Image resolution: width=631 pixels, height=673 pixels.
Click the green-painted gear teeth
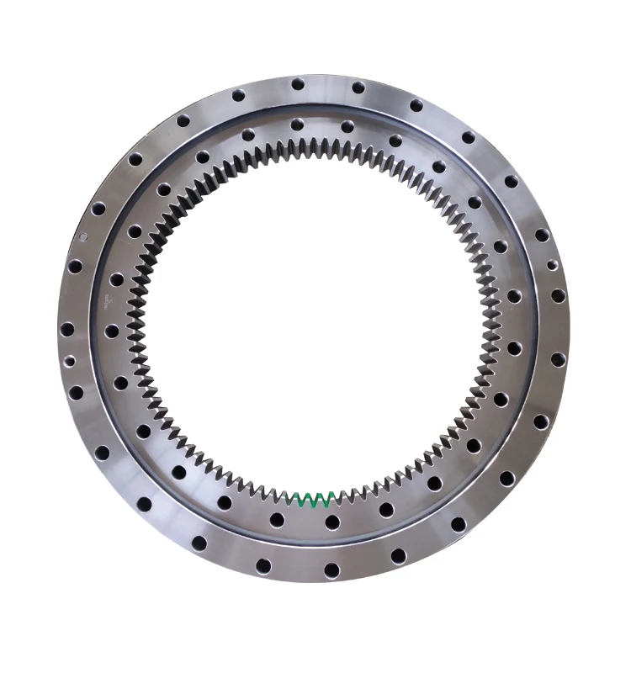tap(316, 500)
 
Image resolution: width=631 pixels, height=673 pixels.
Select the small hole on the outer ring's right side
tap(552, 266)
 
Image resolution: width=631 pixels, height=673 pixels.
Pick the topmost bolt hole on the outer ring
tap(297, 83)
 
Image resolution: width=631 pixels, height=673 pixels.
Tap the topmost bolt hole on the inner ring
tap(296, 125)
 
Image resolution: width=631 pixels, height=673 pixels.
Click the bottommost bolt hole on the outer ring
tap(331, 570)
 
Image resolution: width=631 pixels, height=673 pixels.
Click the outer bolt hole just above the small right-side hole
tap(542, 235)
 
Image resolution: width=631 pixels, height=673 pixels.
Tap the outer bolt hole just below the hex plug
tap(75, 266)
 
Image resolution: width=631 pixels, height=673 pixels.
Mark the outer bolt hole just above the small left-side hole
tap(67, 329)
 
